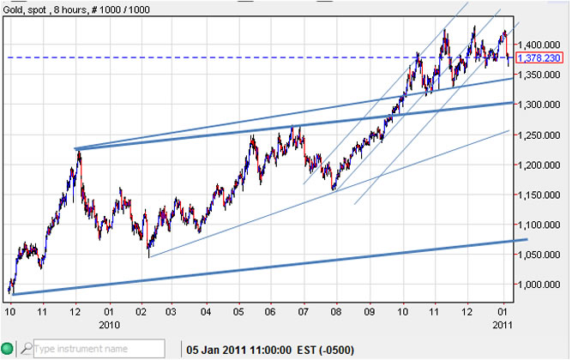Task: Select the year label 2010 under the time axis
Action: [108, 325]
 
